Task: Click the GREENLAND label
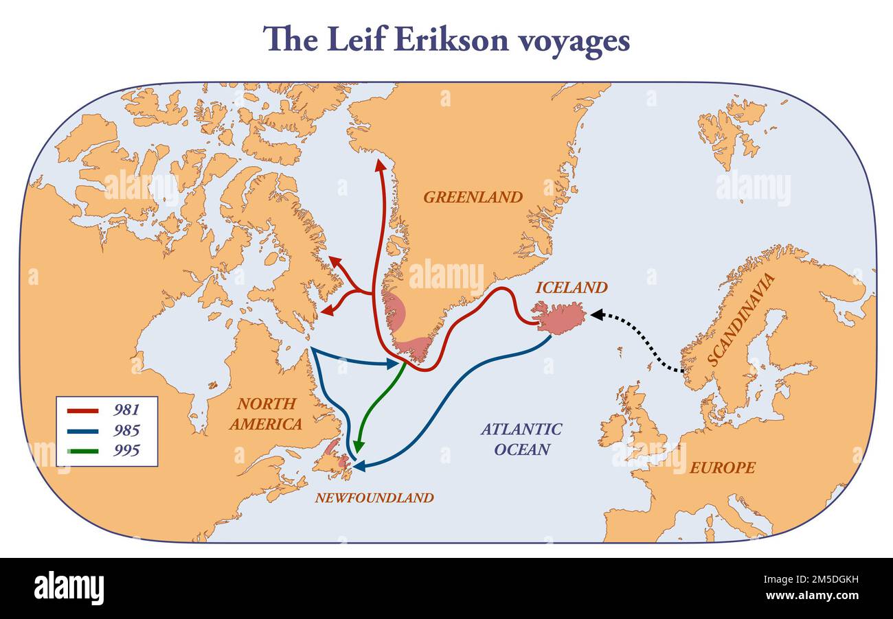pyautogui.click(x=473, y=197)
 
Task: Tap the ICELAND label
pyautogui.click(x=572, y=288)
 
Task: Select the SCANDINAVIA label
pyautogui.click(x=741, y=319)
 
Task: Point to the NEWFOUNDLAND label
pyautogui.click(x=374, y=498)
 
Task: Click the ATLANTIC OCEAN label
pyautogui.click(x=521, y=439)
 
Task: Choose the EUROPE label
pyautogui.click(x=722, y=467)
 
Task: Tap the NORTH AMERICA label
pyautogui.click(x=266, y=414)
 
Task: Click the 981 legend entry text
pyautogui.click(x=126, y=410)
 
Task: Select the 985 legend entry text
pyautogui.click(x=126, y=430)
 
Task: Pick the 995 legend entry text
pyautogui.click(x=126, y=450)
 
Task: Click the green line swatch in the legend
pyautogui.click(x=82, y=451)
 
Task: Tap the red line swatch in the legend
pyautogui.click(x=82, y=410)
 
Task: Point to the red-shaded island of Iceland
pyautogui.click(x=560, y=318)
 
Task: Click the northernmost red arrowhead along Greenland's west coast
pyautogui.click(x=378, y=165)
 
